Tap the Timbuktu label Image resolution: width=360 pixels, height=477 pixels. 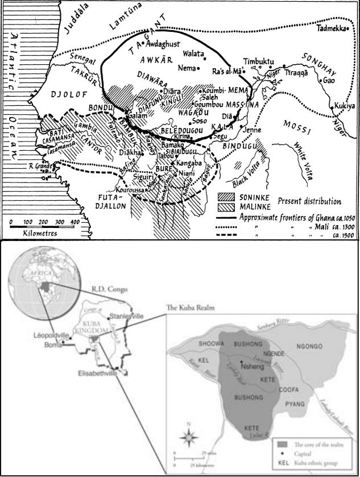[259, 60]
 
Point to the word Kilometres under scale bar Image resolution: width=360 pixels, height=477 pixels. [40, 233]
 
